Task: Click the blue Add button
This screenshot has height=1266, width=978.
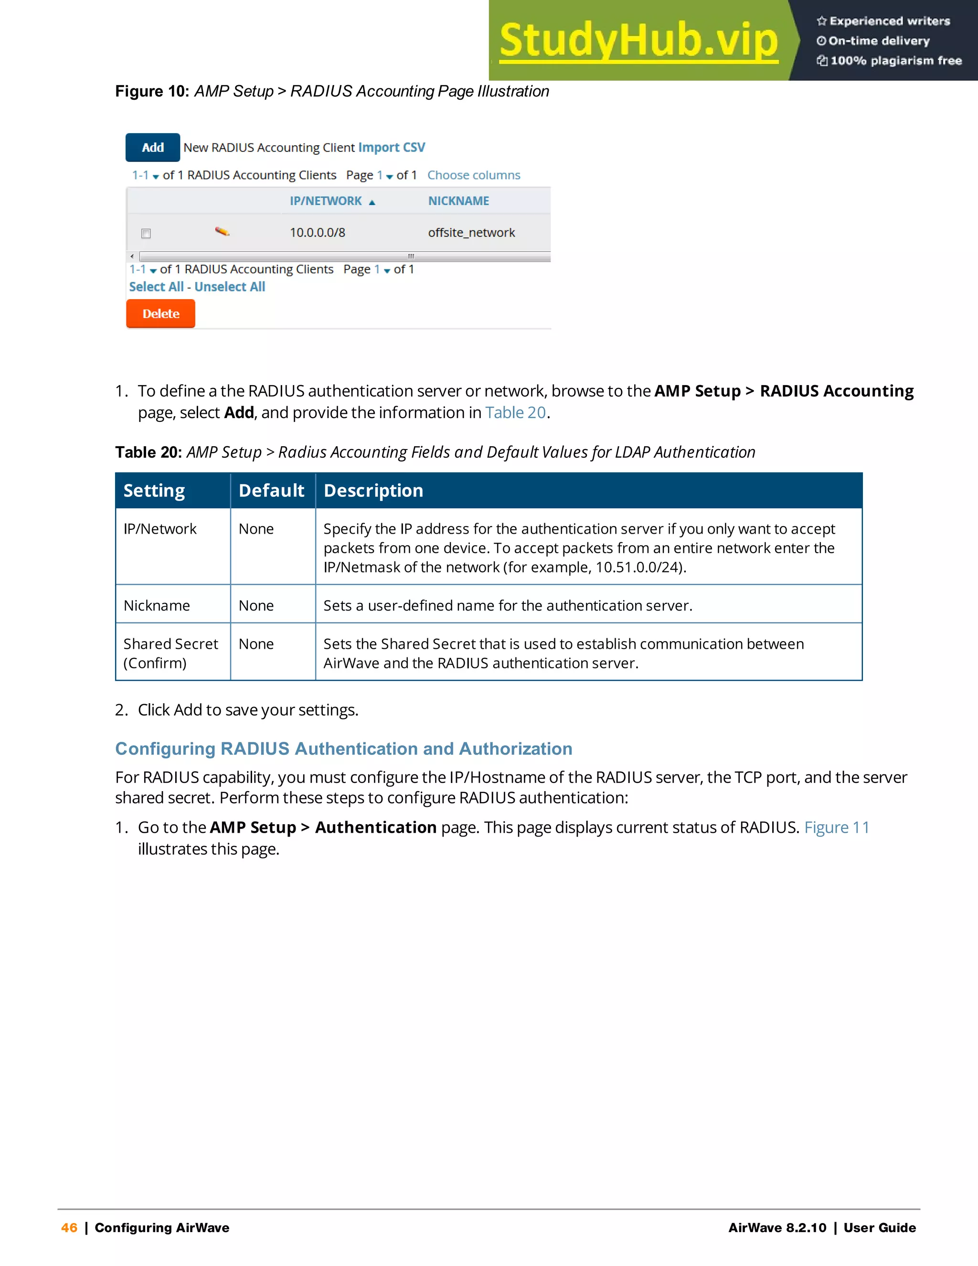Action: [x=152, y=147]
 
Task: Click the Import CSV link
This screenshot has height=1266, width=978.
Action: [x=391, y=147]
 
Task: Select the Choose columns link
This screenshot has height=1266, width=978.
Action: [x=473, y=175]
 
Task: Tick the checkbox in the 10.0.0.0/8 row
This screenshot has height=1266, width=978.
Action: [x=146, y=234]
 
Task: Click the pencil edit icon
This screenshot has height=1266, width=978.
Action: [x=222, y=232]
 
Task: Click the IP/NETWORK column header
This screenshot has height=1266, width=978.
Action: [x=326, y=201]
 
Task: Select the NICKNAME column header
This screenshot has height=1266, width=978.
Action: [x=458, y=201]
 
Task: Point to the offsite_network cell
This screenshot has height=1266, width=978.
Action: [x=471, y=233]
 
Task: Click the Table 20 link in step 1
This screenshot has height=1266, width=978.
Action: [x=515, y=412]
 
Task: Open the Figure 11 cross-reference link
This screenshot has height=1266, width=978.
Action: [x=836, y=827]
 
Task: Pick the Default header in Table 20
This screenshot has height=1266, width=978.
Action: [x=271, y=491]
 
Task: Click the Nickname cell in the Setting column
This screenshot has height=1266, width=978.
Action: [x=157, y=605]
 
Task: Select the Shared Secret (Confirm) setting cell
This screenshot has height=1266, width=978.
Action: [x=170, y=653]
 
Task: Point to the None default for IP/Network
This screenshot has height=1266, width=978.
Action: [x=256, y=529]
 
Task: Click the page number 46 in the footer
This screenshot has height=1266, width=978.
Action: [x=69, y=1227]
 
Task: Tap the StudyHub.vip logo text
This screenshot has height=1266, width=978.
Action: [x=638, y=41]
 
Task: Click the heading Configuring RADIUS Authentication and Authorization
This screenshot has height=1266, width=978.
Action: [x=343, y=748]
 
